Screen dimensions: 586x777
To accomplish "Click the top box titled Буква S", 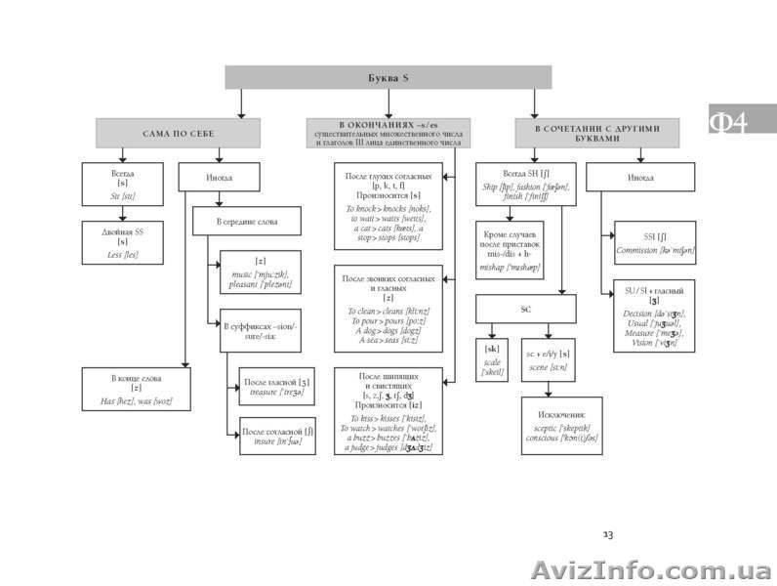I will point(388,77).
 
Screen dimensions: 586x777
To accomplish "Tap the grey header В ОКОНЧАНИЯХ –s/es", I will point(388,132).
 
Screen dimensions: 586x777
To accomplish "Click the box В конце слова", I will point(136,389).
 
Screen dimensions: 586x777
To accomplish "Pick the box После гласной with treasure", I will point(276,385).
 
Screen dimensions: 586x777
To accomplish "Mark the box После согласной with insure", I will point(276,436).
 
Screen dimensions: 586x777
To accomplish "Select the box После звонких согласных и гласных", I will point(388,308).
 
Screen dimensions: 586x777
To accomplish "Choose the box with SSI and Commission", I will point(655,244).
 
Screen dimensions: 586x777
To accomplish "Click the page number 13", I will point(607,534).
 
